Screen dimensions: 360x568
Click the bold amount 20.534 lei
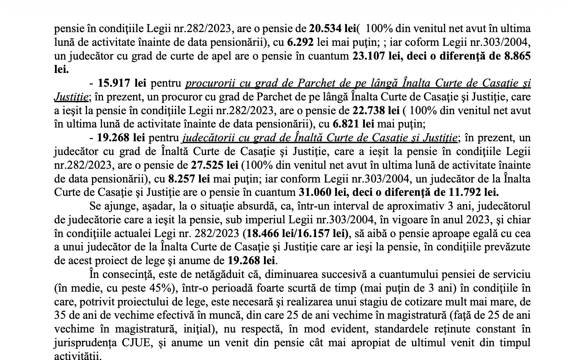tap(332, 29)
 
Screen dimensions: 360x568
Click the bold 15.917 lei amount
tap(122, 83)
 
